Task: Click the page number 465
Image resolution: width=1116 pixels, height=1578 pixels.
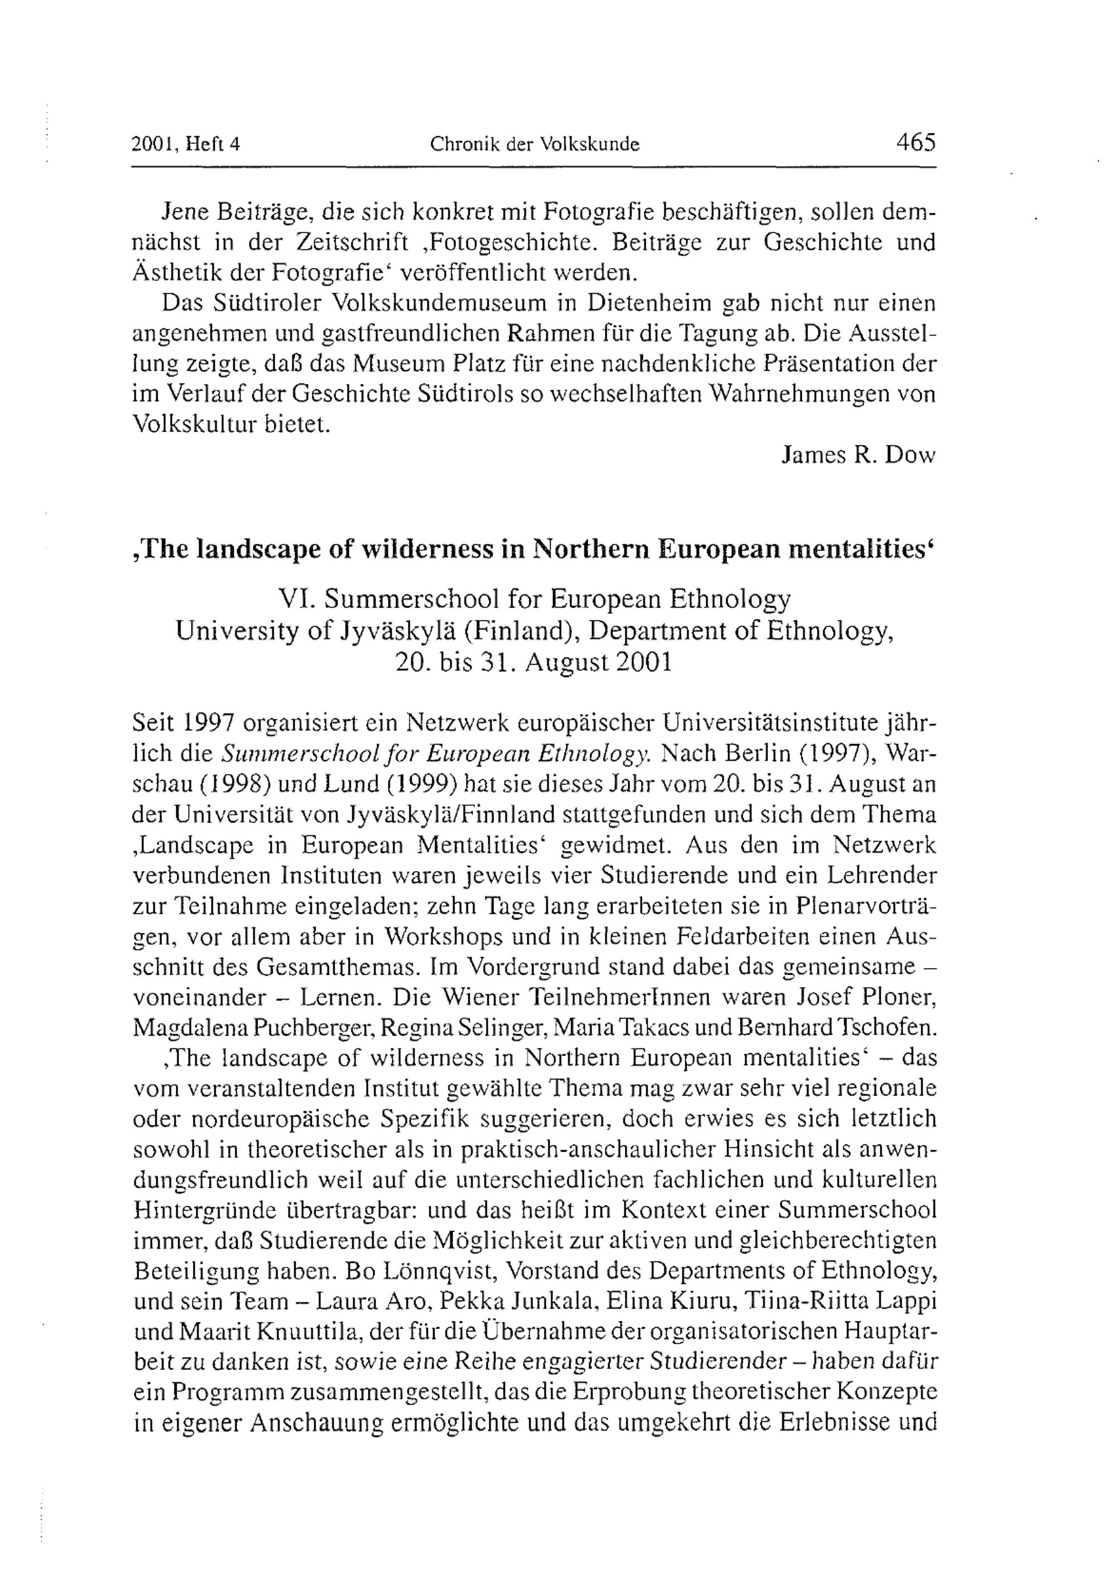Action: tap(915, 143)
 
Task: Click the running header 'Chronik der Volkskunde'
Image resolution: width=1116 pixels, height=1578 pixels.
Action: tap(535, 145)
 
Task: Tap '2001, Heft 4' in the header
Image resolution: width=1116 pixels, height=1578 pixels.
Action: tap(186, 145)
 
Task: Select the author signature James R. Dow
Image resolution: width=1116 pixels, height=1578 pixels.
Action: tap(859, 455)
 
